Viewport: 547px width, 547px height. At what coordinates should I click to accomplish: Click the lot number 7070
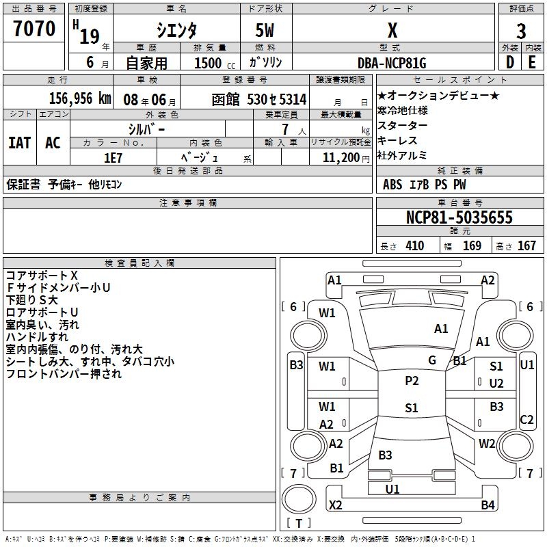click(34, 29)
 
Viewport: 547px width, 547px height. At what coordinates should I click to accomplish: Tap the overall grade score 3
click(521, 31)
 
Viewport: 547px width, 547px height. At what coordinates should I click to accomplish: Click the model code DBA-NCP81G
click(392, 63)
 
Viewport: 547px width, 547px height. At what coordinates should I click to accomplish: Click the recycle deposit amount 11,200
click(340, 157)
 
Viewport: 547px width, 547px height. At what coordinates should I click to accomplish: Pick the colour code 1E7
click(113, 157)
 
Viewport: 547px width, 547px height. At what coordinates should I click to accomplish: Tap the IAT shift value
click(19, 143)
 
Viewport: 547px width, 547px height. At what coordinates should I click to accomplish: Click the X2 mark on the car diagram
click(336, 505)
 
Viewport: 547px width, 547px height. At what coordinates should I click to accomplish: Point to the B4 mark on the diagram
click(488, 505)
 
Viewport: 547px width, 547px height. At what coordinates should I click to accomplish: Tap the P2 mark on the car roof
click(411, 381)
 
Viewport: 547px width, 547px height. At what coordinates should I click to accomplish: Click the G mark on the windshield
click(431, 360)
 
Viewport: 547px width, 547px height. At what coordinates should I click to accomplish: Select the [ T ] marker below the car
click(299, 524)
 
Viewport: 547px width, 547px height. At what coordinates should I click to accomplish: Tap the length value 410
click(414, 246)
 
